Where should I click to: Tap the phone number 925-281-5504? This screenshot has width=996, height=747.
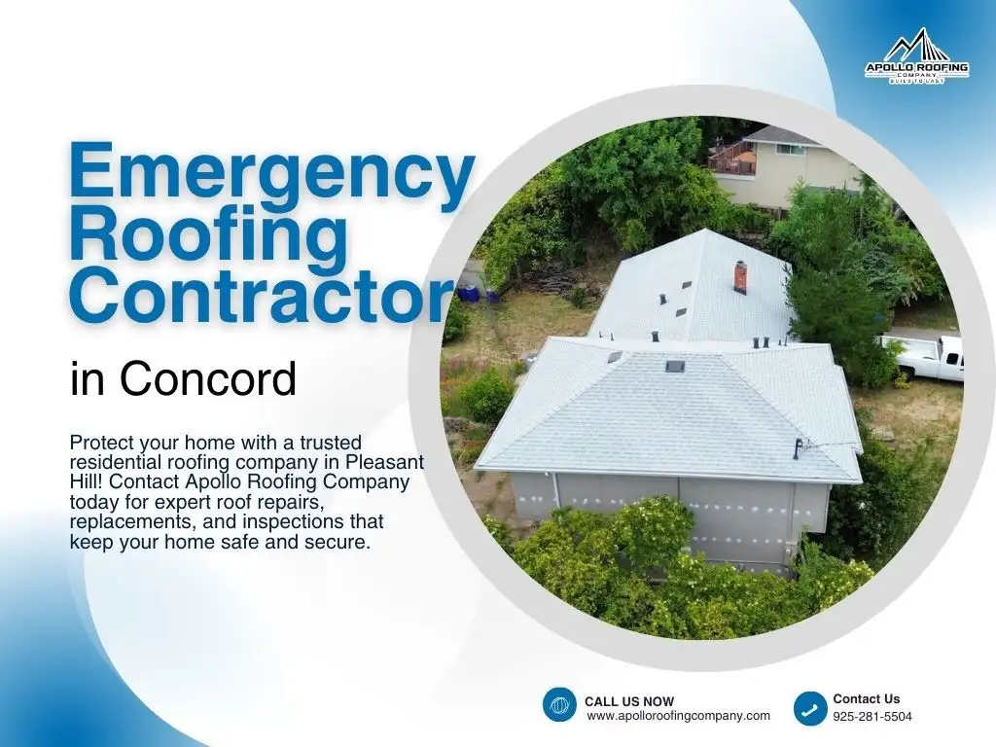872,717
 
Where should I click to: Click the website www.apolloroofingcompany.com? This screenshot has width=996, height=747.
678,716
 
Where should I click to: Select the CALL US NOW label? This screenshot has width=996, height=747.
628,701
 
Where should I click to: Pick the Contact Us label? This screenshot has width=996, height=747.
867,698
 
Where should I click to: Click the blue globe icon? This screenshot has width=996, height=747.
560,704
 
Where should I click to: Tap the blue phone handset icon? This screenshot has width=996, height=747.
810,708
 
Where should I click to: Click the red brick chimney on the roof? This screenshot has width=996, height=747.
740,276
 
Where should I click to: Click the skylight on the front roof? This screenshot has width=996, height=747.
674,366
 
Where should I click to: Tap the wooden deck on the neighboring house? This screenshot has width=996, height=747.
732,159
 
